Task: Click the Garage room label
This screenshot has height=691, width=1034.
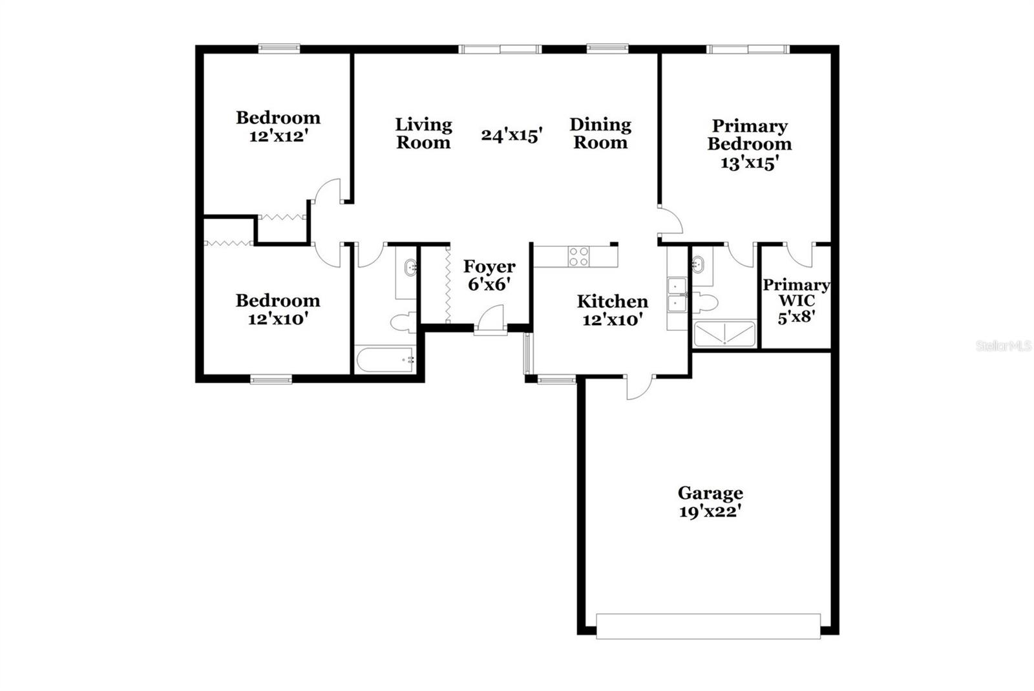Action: pos(710,493)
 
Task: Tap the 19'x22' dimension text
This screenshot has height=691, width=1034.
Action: pos(710,512)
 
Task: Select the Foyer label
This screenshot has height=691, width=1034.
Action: pos(489,266)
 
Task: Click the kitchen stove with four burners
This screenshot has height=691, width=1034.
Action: pos(578,257)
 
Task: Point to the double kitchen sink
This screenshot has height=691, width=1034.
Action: pos(677,295)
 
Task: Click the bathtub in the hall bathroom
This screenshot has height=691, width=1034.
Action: pos(385,359)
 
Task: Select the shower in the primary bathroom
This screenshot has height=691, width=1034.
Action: pos(724,334)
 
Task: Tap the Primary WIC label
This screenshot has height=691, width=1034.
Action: pos(796,293)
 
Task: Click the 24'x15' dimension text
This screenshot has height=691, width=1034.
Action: pos(511,134)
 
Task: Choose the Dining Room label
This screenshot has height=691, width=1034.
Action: pos(600,133)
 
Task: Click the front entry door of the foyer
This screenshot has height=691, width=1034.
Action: pos(490,322)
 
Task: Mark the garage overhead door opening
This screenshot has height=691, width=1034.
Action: pos(708,626)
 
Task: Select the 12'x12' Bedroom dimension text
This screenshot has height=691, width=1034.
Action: pos(277,136)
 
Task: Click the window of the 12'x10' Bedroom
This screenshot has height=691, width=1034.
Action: pos(271,379)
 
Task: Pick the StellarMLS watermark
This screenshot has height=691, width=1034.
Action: pos(1003,346)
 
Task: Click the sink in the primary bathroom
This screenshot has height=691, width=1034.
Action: pos(698,264)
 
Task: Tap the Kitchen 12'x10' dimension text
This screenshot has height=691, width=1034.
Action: pos(612,319)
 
